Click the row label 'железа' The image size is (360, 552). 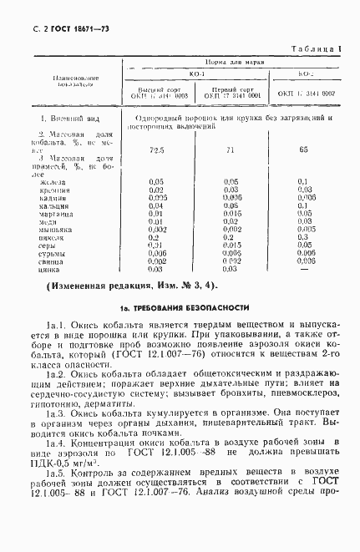click(x=51, y=180)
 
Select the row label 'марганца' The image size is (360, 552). click(x=54, y=213)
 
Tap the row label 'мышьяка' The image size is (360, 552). click(x=54, y=229)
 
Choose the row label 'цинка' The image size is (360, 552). click(x=50, y=269)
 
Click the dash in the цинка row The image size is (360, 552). click(x=304, y=269)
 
